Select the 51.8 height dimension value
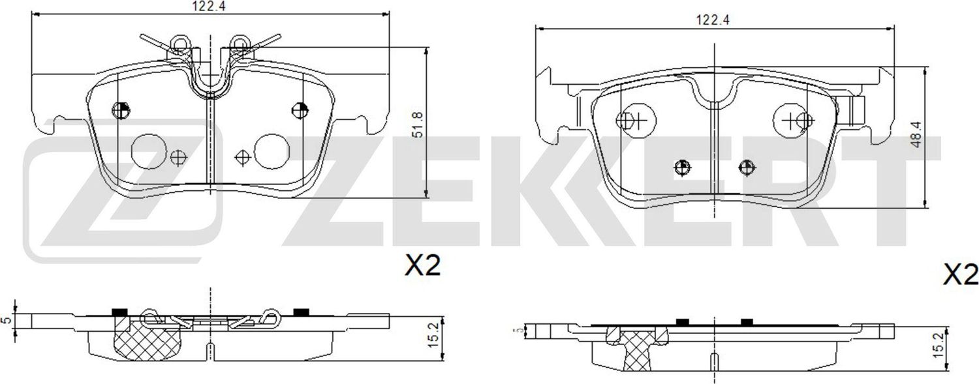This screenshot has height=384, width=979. point(418,124)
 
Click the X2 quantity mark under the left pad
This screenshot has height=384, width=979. point(423,265)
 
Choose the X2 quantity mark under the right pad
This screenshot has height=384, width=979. point(961,275)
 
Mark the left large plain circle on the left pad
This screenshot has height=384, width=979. point(149,151)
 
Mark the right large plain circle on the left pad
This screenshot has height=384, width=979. point(272,151)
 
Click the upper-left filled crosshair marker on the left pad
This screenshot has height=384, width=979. point(121,110)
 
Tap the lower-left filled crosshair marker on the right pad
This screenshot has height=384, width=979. point(682,167)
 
